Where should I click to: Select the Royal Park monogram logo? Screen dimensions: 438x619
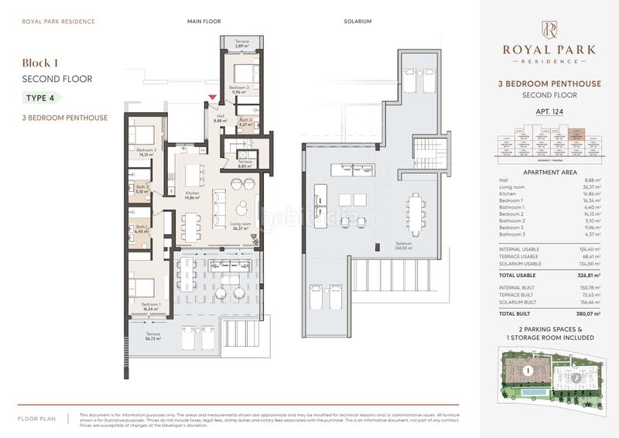tap(549, 29)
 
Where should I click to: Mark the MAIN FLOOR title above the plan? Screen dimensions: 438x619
tap(203, 22)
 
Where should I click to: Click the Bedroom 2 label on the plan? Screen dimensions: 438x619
tap(146, 151)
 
